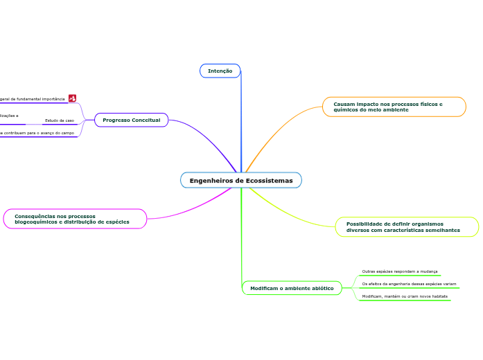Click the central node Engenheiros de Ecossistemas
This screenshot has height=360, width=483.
pyautogui.click(x=241, y=181)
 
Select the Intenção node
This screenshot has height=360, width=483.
pyautogui.click(x=220, y=71)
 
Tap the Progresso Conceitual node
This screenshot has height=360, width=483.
pyautogui.click(x=131, y=120)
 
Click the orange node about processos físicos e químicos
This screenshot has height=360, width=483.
pyautogui.click(x=394, y=107)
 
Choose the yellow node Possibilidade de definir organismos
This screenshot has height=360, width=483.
pyautogui.click(x=407, y=227)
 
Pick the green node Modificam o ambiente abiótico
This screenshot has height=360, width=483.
pyautogui.click(x=291, y=288)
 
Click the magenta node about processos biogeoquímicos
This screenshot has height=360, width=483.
pyautogui.click(x=75, y=219)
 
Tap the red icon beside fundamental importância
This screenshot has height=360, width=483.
pyautogui.click(x=73, y=99)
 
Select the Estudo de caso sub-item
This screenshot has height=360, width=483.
pyautogui.click(x=59, y=120)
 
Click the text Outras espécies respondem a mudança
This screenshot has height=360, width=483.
pyautogui.click(x=399, y=271)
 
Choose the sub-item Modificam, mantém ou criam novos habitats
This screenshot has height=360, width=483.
pyautogui.click(x=405, y=296)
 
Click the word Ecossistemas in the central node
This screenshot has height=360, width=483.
pyautogui.click(x=268, y=181)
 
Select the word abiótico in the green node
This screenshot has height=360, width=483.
pyautogui.click(x=319, y=288)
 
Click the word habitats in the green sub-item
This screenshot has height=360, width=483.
pyautogui.click(x=438, y=296)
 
